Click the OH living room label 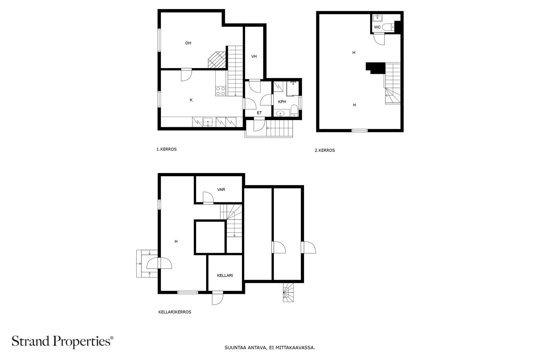tap(188, 43)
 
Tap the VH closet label tap(254, 56)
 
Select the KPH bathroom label tap(282, 102)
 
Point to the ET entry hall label tap(259, 113)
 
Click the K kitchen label tap(191, 100)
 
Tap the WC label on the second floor tap(377, 27)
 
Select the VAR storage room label tap(221, 189)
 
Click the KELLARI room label tap(225, 275)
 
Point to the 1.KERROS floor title tap(167, 149)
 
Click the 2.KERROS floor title tap(325, 150)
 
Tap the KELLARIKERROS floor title tap(175, 312)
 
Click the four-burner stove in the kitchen tap(221, 91)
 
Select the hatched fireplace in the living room tap(217, 60)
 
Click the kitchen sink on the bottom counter tap(208, 122)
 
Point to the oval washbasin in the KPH tap(280, 113)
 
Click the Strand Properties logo tap(62, 342)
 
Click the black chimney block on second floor tap(375, 68)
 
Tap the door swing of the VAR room tap(208, 198)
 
